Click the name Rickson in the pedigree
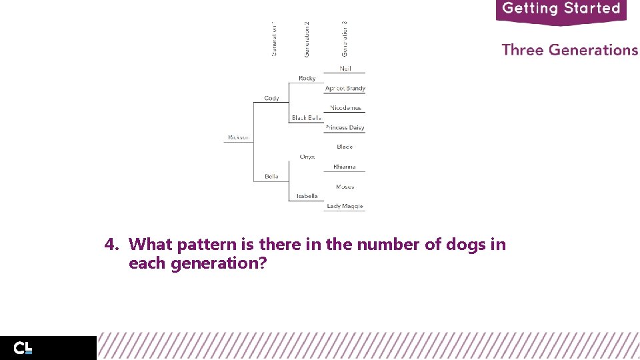tap(238, 137)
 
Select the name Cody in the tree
tap(271, 98)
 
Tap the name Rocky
tap(307, 79)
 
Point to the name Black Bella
tap(306, 118)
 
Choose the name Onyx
tap(307, 157)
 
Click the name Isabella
tap(307, 196)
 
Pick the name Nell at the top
tap(345, 69)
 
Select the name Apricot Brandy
tap(345, 88)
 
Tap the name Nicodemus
tap(345, 108)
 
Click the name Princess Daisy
tap(345, 127)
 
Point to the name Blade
tap(345, 147)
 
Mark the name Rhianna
tap(345, 167)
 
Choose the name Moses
tap(345, 187)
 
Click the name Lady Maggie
tap(345, 206)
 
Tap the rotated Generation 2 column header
tap(307, 39)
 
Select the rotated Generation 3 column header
tap(345, 39)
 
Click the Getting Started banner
tap(561, 10)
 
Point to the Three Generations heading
tap(569, 50)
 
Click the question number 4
tap(111, 245)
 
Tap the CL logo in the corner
tap(23, 348)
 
